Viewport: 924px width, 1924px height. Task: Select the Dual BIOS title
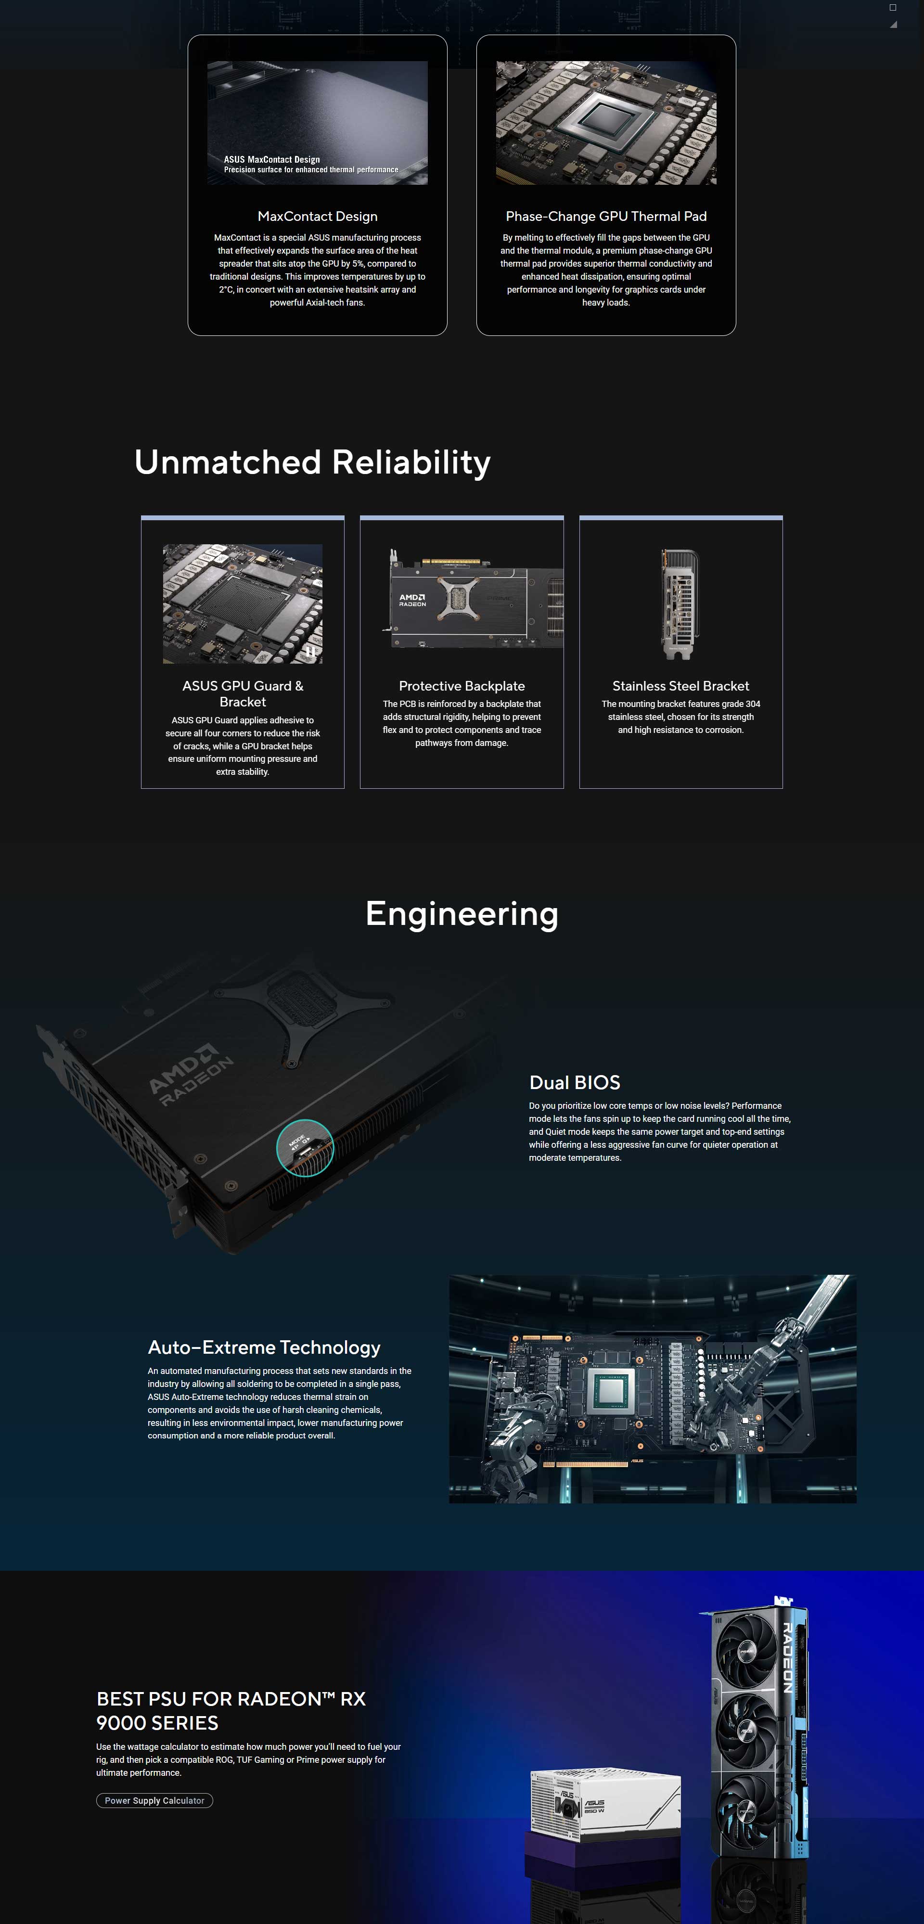[575, 1082]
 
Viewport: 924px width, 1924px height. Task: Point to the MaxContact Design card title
[318, 216]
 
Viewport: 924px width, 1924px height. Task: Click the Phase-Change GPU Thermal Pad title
[606, 216]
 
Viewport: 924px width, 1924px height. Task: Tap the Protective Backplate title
[462, 686]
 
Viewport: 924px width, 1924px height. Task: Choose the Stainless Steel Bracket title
[680, 686]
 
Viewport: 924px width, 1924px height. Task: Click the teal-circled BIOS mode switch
[305, 1148]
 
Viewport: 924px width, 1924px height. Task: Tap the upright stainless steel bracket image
[680, 604]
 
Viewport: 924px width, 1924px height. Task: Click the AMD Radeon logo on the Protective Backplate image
[412, 600]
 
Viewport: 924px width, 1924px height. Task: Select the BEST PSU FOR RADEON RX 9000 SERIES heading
[231, 1710]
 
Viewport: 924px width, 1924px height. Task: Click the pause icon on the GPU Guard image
[309, 651]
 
